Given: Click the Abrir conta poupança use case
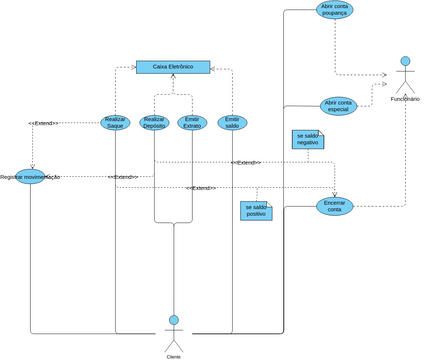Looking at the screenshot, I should click(x=334, y=10).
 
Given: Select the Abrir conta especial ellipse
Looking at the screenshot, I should click(x=338, y=105).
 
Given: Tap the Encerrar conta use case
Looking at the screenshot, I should click(x=334, y=205).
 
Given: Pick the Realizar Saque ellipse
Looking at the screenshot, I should click(x=115, y=123).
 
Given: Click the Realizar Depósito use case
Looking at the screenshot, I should click(x=154, y=123).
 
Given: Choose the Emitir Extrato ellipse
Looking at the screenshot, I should click(x=192, y=123).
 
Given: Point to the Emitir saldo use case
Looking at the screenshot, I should click(x=232, y=122).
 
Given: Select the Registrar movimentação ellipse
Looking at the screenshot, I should click(x=30, y=176).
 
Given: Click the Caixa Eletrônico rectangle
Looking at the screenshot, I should click(x=173, y=67).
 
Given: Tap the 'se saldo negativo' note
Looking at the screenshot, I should click(x=307, y=139).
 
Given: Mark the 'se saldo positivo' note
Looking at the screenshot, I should click(x=255, y=210).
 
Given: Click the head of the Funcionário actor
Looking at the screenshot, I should click(x=405, y=62).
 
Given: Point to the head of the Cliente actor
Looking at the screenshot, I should click(x=173, y=320).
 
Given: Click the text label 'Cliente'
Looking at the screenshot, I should click(x=173, y=356).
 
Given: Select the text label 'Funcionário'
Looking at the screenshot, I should click(x=405, y=99).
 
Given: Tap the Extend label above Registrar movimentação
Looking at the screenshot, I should click(x=43, y=123).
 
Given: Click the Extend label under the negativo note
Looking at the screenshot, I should click(x=246, y=162).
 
